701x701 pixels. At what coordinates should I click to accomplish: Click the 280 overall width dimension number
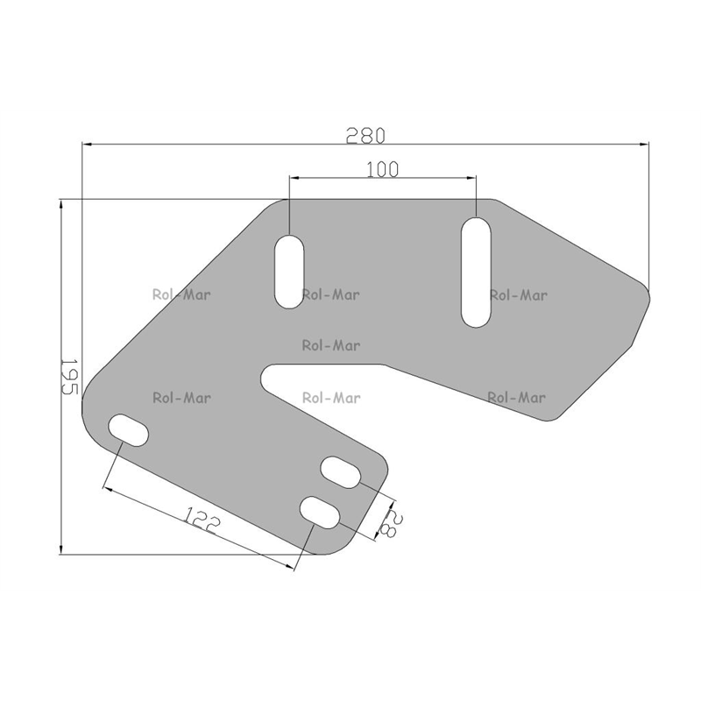[365, 136]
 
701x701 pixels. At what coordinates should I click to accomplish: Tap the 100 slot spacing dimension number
[382, 169]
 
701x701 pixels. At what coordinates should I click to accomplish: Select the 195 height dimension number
[69, 377]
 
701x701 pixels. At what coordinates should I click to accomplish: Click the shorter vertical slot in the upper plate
[289, 272]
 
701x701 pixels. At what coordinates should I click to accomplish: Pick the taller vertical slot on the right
[476, 273]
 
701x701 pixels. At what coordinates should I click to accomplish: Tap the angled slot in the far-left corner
[129, 430]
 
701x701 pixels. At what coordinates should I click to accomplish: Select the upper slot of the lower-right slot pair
[341, 472]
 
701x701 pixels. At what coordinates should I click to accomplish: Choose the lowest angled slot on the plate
[320, 513]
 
